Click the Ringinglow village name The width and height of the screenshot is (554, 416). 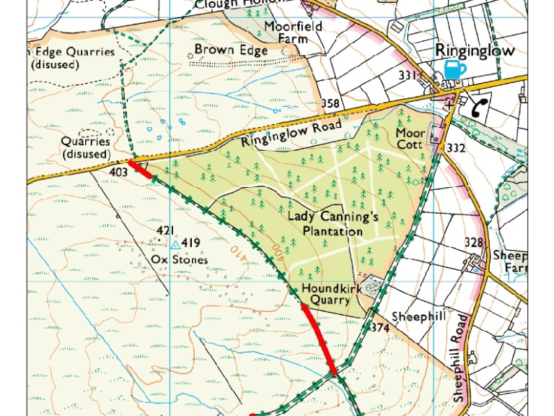474,51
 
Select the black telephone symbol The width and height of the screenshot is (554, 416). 478,108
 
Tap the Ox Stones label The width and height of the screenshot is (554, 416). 179,259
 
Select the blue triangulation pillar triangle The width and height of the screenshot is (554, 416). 175,245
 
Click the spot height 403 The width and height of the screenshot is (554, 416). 120,172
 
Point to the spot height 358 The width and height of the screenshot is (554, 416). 330,103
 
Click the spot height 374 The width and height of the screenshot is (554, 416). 380,328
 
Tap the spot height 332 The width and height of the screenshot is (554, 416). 456,148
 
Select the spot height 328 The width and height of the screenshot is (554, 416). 473,242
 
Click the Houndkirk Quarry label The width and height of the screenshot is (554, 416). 325,294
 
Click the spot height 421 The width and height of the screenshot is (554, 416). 166,230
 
